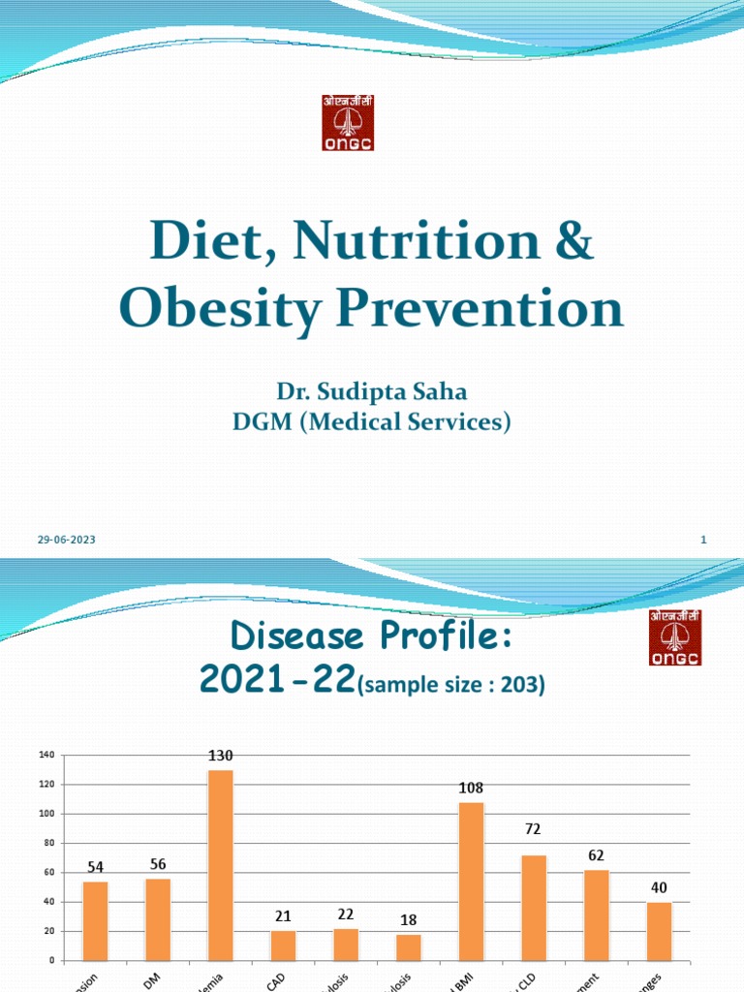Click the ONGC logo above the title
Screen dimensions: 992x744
[348, 122]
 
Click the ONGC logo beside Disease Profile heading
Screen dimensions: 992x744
[675, 637]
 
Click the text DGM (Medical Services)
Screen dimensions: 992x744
[372, 421]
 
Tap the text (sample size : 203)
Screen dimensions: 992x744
[451, 686]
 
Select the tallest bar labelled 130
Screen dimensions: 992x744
[220, 865]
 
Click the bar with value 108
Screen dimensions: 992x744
[471, 882]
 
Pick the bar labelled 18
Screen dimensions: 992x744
[409, 947]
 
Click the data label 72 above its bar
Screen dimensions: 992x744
[533, 829]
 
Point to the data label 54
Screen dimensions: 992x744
[96, 867]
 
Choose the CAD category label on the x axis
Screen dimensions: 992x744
[275, 980]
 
